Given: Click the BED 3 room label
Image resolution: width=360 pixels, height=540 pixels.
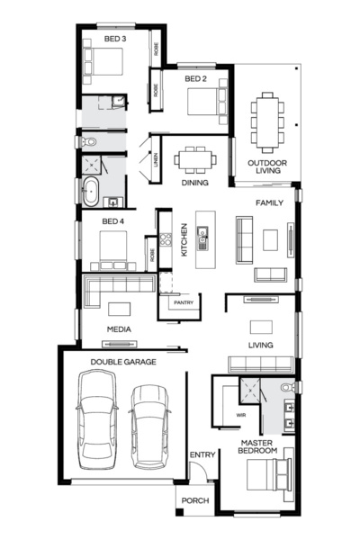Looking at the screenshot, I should point(114,40).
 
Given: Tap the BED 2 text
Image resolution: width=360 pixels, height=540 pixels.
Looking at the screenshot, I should point(196,79).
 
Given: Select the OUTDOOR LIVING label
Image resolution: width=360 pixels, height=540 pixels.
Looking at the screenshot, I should point(267,167).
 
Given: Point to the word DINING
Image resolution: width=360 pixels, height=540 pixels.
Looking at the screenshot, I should point(194,183).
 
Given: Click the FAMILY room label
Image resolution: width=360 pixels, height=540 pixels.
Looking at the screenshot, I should point(269,203).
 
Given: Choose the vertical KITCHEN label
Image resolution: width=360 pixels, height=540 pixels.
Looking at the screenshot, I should point(183,240).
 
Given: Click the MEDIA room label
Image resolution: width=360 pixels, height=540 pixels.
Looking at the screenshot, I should point(120,329).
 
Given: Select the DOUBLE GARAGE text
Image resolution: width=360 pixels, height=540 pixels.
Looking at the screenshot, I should point(123,362).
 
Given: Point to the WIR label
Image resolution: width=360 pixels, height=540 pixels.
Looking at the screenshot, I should point(240,416).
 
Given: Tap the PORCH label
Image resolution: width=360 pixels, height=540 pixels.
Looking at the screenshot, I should point(195,501).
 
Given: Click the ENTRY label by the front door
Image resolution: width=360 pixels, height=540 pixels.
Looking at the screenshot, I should point(202,454).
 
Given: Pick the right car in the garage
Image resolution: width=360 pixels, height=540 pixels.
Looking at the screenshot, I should point(149,427).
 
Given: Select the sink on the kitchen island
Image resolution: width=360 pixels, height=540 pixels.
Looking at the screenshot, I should point(202,237).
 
